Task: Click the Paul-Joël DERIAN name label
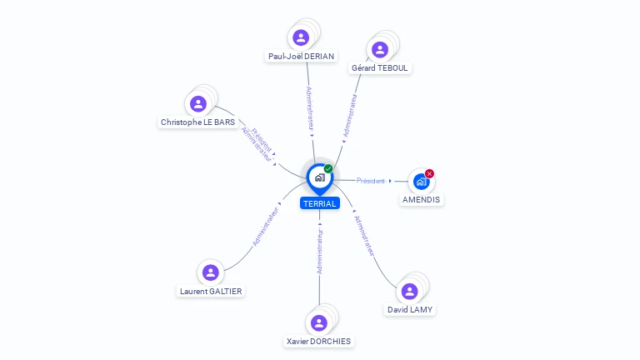[x=301, y=57]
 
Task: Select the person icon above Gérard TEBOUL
[x=380, y=49]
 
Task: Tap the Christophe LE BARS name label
[x=197, y=122]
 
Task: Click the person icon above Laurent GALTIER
[x=211, y=272]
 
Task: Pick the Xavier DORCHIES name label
[x=318, y=341]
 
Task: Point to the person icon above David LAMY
[x=409, y=291]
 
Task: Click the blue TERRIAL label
[x=320, y=203]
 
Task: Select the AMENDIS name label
[x=422, y=200]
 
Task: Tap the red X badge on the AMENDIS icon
[x=429, y=173]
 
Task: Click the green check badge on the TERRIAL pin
[x=328, y=168]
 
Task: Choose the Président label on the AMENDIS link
[x=371, y=181]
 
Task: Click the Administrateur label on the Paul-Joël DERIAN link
[x=310, y=108]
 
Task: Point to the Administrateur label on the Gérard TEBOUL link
[x=351, y=114]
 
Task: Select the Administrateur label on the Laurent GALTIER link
[x=266, y=225]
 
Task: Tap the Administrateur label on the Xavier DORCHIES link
[x=319, y=247]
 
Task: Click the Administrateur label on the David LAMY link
[x=364, y=236]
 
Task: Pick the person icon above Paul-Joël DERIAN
[x=301, y=37]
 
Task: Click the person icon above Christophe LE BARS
[x=198, y=103]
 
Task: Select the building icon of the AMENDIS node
[x=421, y=181]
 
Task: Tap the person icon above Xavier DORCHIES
[x=318, y=322]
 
